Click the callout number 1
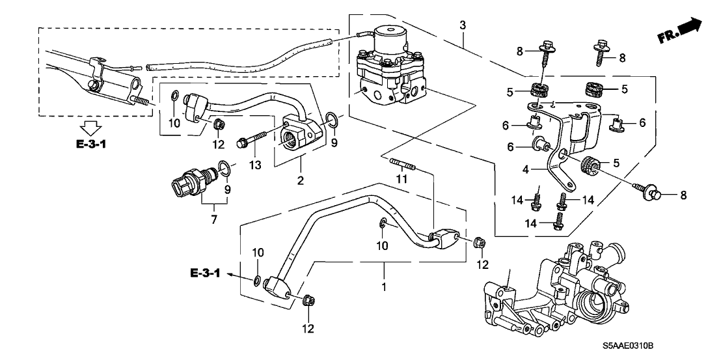coord(384,287)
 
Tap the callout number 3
coord(463,25)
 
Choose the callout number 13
coord(254,166)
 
